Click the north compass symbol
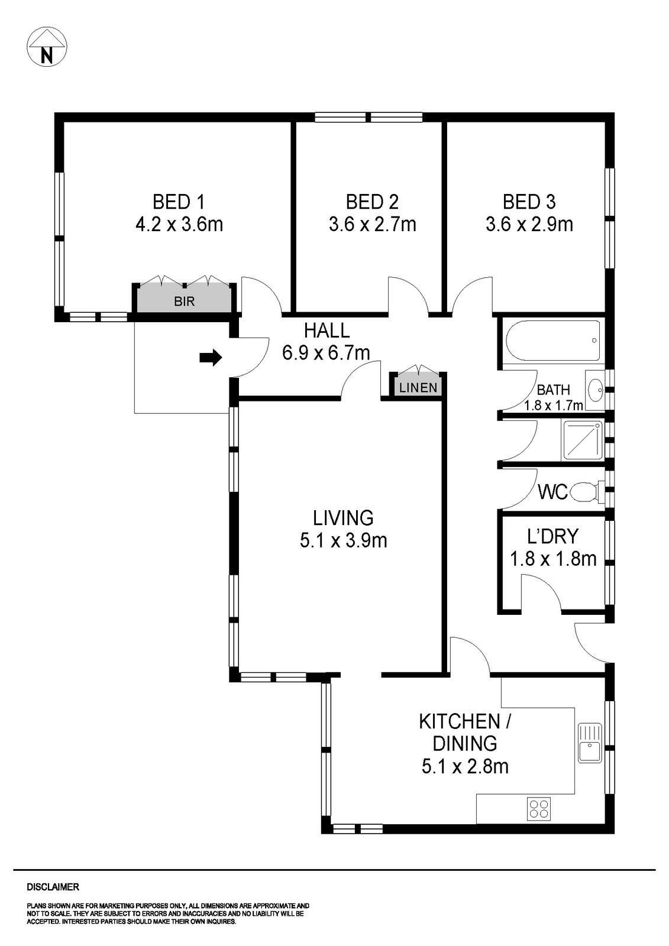point(47,47)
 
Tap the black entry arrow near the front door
point(211,357)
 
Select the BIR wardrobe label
point(184,302)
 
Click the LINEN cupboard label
point(418,388)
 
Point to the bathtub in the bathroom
point(552,341)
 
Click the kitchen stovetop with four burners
point(539,808)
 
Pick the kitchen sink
point(590,744)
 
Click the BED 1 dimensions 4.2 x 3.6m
point(179,225)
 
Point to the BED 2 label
point(372,202)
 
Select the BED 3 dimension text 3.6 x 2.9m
point(529,225)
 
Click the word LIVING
point(343,518)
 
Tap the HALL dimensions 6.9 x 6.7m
point(326,353)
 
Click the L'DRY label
point(552,536)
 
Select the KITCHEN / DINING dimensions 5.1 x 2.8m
point(465,767)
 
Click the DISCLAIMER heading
point(53,887)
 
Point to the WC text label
point(552,491)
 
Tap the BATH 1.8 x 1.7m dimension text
point(553,406)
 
